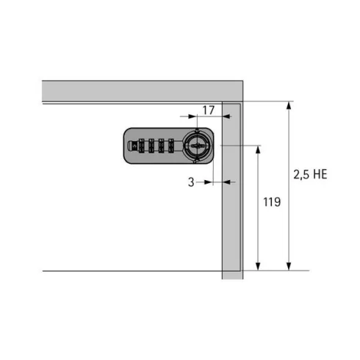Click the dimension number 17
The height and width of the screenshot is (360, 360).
coord(209,110)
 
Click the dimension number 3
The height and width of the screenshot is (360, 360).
coord(191,182)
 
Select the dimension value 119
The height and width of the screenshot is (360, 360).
coord(272,202)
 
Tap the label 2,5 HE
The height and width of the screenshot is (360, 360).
coord(310,174)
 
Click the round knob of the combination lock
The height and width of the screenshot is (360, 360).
coord(198,146)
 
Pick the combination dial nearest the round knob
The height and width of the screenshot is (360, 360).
coord(171,146)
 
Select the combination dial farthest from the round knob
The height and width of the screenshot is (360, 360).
coord(141,146)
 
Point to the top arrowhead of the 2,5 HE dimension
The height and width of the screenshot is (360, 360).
coord(289,105)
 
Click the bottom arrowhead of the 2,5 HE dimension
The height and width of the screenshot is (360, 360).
coord(289,267)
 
